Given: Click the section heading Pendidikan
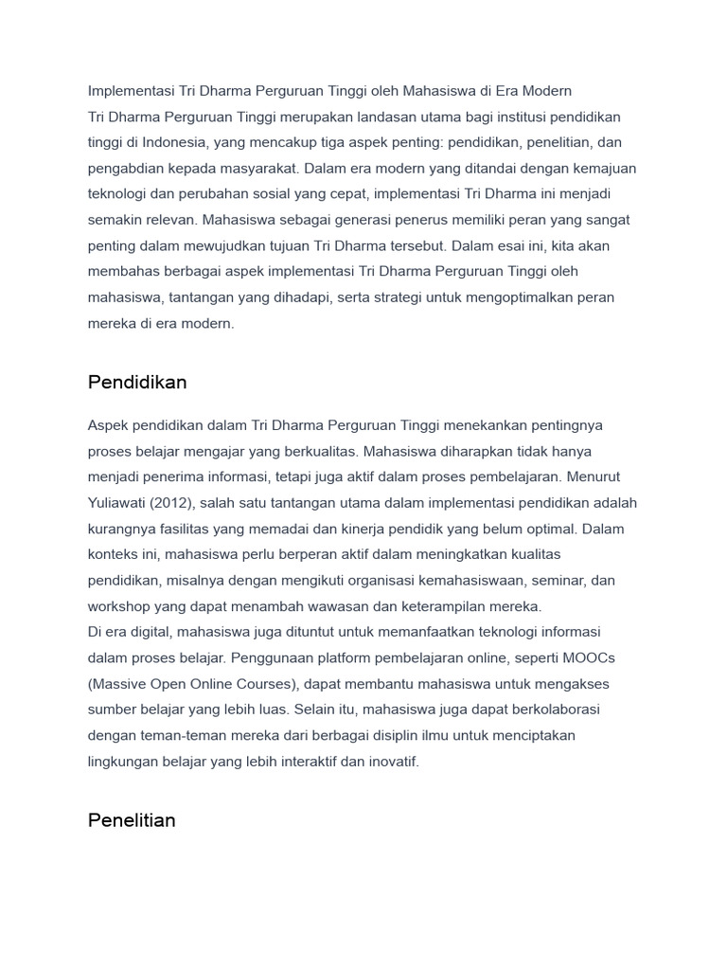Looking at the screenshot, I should pyautogui.click(x=137, y=383).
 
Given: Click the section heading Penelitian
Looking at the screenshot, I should pyautogui.click(x=132, y=820).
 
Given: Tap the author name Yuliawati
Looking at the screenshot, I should pyautogui.click(x=117, y=503).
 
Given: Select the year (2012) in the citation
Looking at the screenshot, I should pyautogui.click(x=172, y=503).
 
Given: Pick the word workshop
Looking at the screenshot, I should pyautogui.click(x=120, y=606).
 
